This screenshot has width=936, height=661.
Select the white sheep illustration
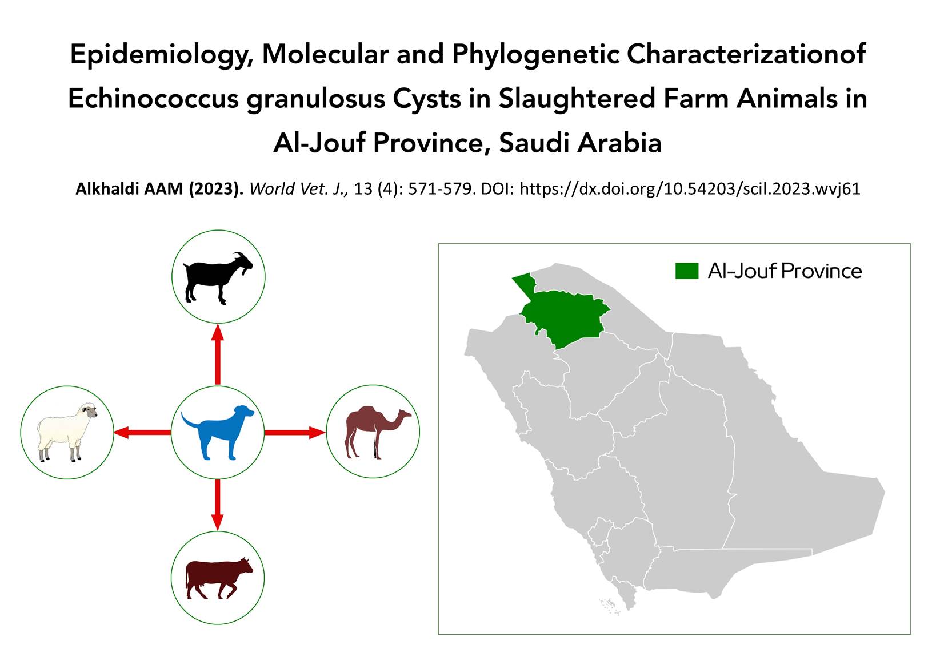click(67, 432)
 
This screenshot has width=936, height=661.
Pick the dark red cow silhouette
click(218, 578)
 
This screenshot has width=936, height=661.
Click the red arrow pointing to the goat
click(217, 354)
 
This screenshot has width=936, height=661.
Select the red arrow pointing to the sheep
click(142, 432)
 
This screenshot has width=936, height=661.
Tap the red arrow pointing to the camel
click(295, 432)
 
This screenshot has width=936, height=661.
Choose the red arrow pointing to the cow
click(217, 505)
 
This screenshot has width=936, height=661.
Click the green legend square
click(687, 271)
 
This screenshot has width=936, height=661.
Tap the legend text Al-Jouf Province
click(785, 271)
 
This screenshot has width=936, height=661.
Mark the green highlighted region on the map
click(564, 313)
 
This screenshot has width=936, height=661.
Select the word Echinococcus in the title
click(153, 99)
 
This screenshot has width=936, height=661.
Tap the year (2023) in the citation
click(215, 189)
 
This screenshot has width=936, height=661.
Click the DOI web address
click(690, 189)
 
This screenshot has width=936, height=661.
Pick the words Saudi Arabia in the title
click(581, 143)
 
